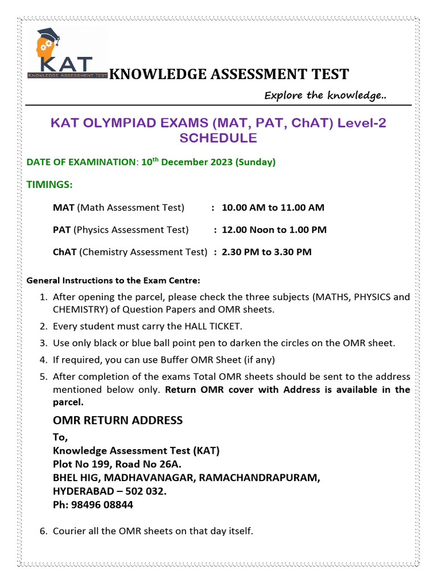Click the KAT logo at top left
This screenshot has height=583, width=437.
67,53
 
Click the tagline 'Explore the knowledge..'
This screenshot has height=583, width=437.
325,95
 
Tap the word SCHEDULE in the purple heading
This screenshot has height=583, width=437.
218,138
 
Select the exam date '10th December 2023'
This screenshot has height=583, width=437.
188,162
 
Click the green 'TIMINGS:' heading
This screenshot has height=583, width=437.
50,184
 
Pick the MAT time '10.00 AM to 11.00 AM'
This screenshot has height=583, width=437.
273,207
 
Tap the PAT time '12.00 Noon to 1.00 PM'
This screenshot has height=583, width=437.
274,229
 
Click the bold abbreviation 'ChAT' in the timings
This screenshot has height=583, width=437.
65,252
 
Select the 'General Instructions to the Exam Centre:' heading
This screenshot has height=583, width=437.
113,281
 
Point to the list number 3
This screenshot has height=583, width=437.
43,343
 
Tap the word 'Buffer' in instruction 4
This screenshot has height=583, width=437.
176,359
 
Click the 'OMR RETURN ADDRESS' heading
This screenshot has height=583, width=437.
118,420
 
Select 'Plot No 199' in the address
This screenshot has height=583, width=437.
81,463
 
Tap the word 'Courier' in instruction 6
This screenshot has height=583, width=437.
71,531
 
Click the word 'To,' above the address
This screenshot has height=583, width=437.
60,437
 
